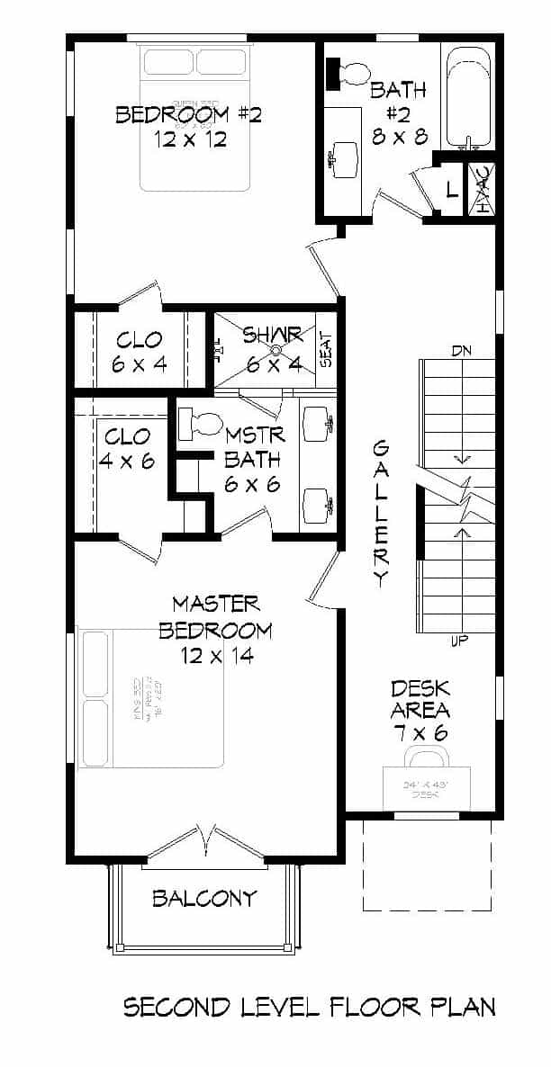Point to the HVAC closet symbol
tap(483, 190)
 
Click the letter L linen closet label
tap(451, 190)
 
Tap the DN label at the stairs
tap(462, 350)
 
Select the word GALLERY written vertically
tap(381, 513)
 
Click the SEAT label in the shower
tap(326, 351)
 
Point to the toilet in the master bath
tap(201, 421)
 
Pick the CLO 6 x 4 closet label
tap(140, 351)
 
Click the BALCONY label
tap(204, 898)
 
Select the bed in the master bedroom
tap(151, 698)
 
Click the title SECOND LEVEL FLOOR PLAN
tap(309, 1007)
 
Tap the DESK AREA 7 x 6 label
tap(420, 711)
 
